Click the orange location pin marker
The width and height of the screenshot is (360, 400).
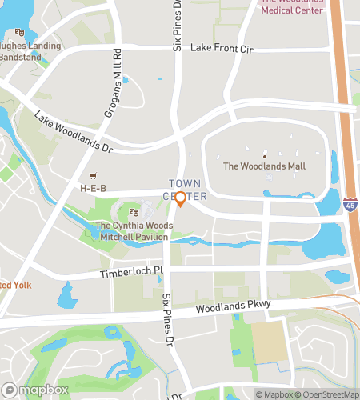(x=180, y=199)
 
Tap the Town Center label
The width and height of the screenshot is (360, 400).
(x=186, y=190)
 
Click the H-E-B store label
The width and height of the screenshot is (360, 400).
(x=93, y=188)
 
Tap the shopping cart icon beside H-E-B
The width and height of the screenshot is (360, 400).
(x=93, y=177)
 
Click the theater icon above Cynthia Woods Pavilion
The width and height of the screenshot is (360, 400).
(x=134, y=213)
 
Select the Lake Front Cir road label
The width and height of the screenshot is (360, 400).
(x=222, y=50)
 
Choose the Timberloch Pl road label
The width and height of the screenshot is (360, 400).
(x=131, y=273)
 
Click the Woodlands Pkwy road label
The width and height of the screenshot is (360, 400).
(x=237, y=306)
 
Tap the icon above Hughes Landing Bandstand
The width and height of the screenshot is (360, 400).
(x=19, y=33)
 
